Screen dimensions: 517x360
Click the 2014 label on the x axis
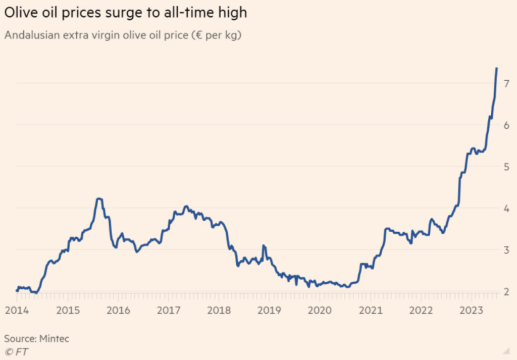click(x=17, y=310)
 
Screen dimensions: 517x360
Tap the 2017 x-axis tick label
click(x=169, y=310)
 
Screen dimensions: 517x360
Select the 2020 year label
click(x=320, y=310)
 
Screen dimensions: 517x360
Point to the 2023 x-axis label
click(x=471, y=310)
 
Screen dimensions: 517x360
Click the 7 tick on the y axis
click(x=506, y=83)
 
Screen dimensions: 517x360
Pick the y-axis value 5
click(x=506, y=167)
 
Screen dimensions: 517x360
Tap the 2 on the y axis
click(x=506, y=291)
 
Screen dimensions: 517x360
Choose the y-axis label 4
click(x=506, y=209)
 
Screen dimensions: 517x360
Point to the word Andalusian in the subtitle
click(x=32, y=35)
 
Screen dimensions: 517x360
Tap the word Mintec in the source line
click(x=54, y=339)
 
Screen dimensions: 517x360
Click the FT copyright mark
click(x=17, y=352)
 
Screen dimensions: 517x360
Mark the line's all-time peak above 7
click(x=497, y=68)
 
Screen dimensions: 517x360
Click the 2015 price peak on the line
click(x=99, y=199)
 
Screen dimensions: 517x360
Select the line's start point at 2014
click(x=17, y=290)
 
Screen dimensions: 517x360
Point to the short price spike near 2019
click(x=264, y=245)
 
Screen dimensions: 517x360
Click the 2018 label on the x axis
click(x=219, y=310)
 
